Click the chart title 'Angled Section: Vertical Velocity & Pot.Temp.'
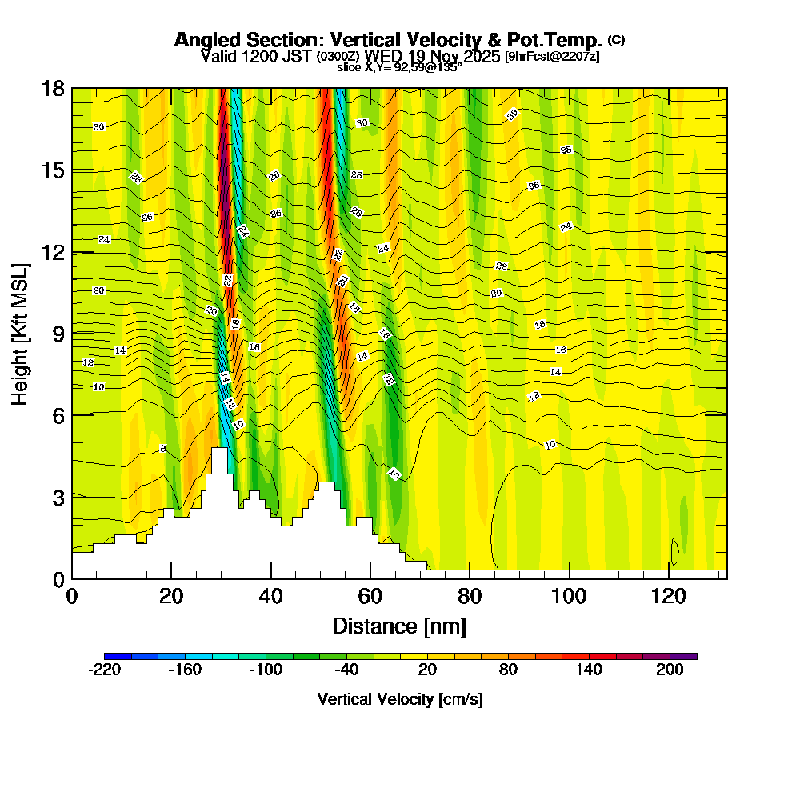pyautogui.click(x=388, y=40)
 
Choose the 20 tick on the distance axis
pyautogui.click(x=171, y=596)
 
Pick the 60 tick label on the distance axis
pyautogui.click(x=370, y=596)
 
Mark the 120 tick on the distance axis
pyautogui.click(x=668, y=596)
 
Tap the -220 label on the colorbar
pyautogui.click(x=104, y=670)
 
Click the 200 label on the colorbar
pyautogui.click(x=670, y=670)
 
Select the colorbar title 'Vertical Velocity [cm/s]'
pyautogui.click(x=400, y=699)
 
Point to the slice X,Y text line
pyautogui.click(x=399, y=68)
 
